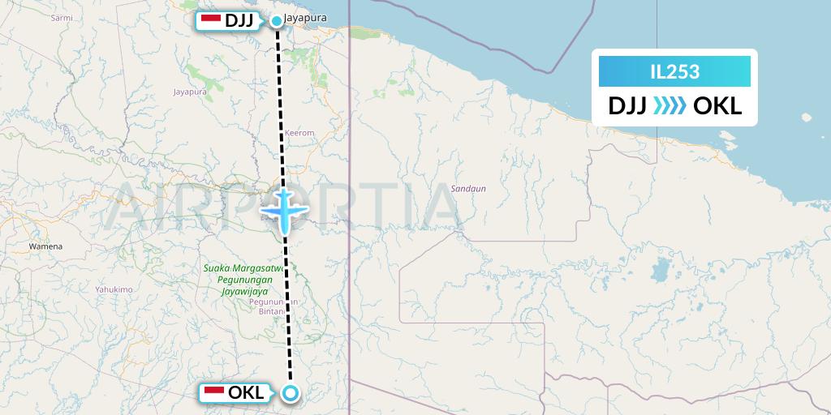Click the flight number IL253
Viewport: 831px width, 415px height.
[674, 72]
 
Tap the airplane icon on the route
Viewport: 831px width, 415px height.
[283, 211]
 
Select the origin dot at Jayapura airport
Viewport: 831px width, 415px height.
[278, 21]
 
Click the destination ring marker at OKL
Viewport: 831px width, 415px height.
[291, 394]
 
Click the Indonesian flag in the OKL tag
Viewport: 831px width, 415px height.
[214, 393]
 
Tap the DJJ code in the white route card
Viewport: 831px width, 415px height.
[627, 106]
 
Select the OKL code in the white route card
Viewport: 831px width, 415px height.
[718, 106]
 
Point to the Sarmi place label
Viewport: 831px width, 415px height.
[61, 17]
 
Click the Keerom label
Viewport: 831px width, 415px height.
[299, 133]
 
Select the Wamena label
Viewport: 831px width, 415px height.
[45, 245]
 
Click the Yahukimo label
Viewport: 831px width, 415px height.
[113, 289]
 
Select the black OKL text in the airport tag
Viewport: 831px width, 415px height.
[246, 393]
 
